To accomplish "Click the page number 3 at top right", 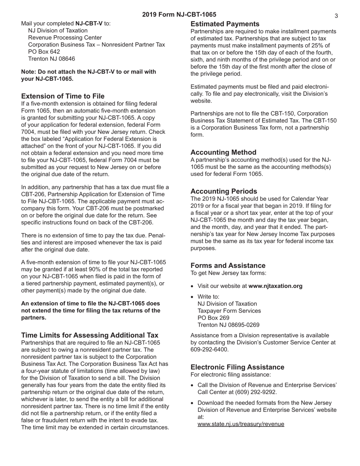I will point(336,16).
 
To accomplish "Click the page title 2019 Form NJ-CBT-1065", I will point(179,15).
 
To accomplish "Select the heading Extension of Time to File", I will point(63,96).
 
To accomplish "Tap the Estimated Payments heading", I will point(225,24).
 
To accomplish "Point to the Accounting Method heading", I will point(223,152).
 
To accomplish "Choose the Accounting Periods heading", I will point(224,191).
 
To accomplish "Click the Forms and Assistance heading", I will point(228,266).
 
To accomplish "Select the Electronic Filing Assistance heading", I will point(237,367).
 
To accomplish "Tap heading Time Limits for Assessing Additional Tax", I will point(90,335).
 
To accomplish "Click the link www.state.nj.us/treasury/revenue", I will point(241,424).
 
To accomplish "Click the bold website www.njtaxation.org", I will point(275,286).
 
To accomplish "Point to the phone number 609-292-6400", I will point(209,349).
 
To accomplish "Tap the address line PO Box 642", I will point(44,52).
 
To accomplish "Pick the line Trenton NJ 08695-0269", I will point(229,325).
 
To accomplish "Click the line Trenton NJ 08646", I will point(52,59).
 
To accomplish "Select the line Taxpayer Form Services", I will point(229,311).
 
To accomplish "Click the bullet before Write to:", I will point(193,297).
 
